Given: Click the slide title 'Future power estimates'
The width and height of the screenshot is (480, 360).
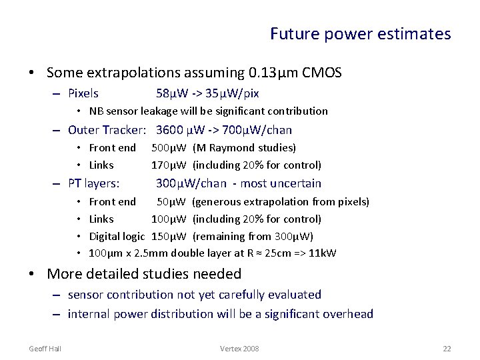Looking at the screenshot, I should point(360,33).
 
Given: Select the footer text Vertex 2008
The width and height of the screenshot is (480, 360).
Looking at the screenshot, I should point(239,349).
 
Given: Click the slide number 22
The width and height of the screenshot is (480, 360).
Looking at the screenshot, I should point(446,349).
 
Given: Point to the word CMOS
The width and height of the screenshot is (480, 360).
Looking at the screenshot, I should point(322,72).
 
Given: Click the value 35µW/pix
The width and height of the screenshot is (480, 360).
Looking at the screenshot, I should point(233,93).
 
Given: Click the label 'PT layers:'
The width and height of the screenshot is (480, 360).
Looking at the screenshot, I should point(94,183).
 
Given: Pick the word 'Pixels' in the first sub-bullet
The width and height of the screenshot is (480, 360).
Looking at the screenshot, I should point(83,93).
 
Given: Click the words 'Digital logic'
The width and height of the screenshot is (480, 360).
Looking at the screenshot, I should point(117,236).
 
